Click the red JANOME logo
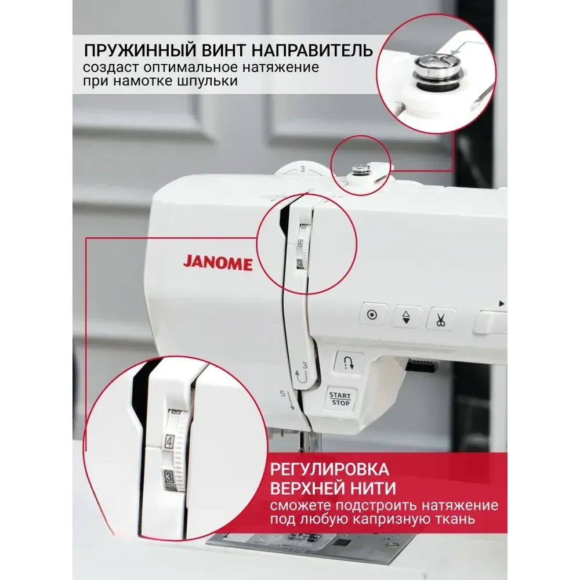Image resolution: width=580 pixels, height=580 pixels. [x=217, y=263]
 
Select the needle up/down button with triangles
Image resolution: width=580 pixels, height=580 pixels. [x=406, y=317]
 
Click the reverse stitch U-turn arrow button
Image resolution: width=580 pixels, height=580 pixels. [x=349, y=363]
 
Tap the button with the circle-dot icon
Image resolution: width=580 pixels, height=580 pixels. [x=372, y=314]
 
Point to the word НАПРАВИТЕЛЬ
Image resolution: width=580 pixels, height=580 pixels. [x=313, y=50]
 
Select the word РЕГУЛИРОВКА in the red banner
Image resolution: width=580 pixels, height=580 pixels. [x=329, y=469]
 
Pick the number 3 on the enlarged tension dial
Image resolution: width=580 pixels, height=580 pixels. [x=168, y=476]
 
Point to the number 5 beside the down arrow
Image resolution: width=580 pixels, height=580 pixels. [x=282, y=393]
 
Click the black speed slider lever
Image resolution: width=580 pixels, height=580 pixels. [x=422, y=366]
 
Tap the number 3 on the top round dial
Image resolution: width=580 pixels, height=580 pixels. [x=303, y=169]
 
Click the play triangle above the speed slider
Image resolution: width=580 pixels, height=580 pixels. [x=502, y=304]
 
